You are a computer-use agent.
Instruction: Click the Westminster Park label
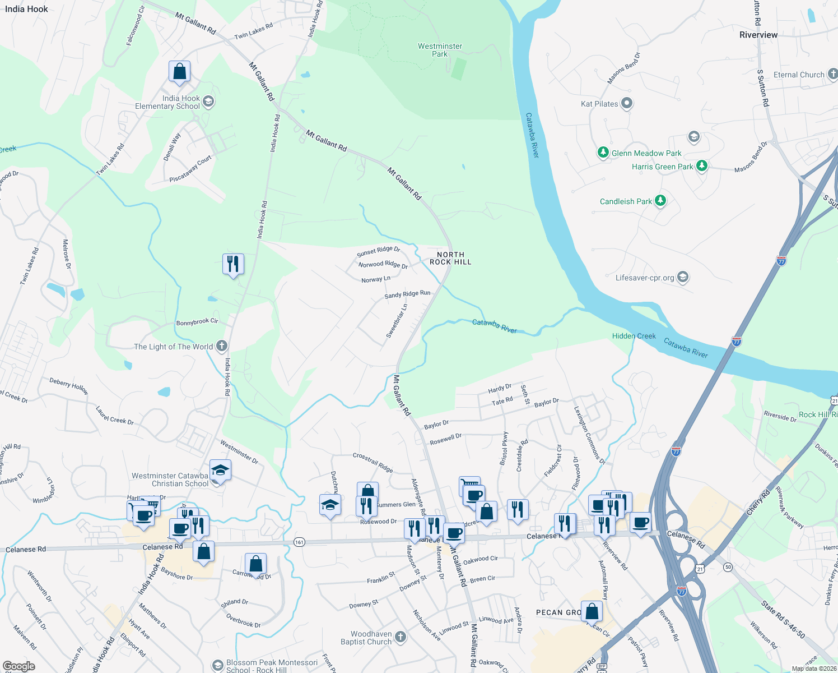(x=440, y=50)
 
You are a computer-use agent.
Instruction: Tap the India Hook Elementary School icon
(x=208, y=102)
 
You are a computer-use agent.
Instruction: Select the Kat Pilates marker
(x=627, y=103)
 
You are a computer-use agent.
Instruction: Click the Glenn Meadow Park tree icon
(x=603, y=153)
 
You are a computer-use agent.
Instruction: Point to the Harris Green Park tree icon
(x=701, y=166)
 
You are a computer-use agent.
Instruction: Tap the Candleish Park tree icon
(x=660, y=201)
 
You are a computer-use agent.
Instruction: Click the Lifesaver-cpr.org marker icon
(x=682, y=277)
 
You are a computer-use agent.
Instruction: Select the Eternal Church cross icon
(x=832, y=74)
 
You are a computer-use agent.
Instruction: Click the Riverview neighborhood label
(x=758, y=35)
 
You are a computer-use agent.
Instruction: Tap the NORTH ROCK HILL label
(x=450, y=258)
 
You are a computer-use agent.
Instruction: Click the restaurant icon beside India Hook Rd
(x=233, y=264)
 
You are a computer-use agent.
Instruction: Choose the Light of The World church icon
(x=222, y=346)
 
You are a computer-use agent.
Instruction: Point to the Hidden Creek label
(x=634, y=336)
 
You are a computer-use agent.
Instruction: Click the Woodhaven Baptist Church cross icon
(x=400, y=637)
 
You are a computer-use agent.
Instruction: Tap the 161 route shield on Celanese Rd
(x=299, y=542)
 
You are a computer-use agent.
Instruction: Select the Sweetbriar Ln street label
(x=397, y=321)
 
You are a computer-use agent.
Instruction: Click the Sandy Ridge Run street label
(x=407, y=294)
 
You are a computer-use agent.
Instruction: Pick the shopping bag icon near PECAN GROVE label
(x=592, y=611)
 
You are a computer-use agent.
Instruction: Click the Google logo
(x=19, y=666)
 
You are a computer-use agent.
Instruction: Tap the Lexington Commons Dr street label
(x=589, y=435)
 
